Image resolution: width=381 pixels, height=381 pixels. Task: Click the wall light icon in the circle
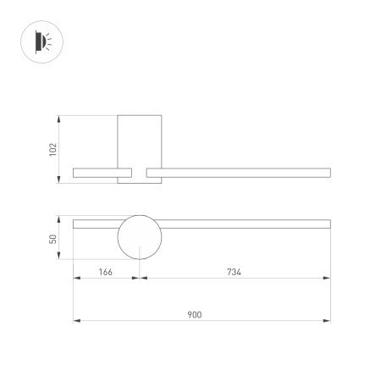click(40, 40)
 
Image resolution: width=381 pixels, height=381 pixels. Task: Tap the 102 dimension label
click(52, 148)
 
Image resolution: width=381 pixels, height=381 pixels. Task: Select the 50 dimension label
click(52, 239)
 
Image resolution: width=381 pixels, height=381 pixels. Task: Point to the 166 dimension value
click(105, 272)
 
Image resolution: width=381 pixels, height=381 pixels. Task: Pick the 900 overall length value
click(194, 314)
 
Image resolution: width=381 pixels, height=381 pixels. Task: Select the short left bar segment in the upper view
click(95, 173)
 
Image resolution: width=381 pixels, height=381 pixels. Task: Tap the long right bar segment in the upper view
click(237, 173)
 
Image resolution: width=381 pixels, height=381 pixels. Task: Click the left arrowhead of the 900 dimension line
click(76, 321)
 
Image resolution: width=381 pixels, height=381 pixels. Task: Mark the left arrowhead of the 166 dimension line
click(76, 279)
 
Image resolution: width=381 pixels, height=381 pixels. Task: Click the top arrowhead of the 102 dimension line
click(59, 117)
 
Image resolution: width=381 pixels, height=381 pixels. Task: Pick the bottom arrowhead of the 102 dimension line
click(59, 179)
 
